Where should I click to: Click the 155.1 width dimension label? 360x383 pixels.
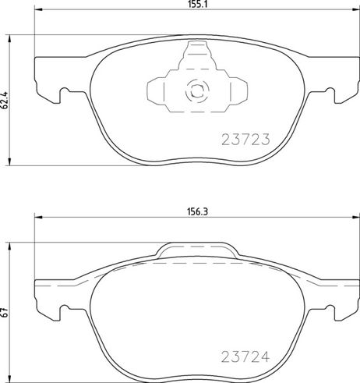197,4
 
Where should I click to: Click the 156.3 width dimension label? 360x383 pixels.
197,212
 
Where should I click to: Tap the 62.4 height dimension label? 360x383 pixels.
5,100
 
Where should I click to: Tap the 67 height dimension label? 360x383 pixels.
5,312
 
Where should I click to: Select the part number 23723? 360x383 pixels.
245,139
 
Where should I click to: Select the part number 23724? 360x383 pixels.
245,356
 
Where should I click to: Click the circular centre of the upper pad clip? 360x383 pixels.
197,90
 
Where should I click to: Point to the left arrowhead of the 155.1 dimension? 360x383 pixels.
38,10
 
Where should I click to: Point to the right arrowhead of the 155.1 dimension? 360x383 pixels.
356,10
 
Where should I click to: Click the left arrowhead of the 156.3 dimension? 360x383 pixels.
38,218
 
